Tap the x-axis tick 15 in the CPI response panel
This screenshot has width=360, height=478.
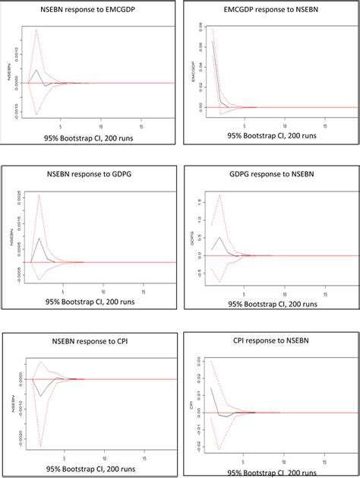(x=325, y=461)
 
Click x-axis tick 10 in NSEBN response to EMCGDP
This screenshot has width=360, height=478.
(x=103, y=126)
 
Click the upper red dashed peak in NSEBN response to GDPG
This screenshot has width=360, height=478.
(x=39, y=195)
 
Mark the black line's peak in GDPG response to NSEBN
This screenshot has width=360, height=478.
(x=219, y=237)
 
